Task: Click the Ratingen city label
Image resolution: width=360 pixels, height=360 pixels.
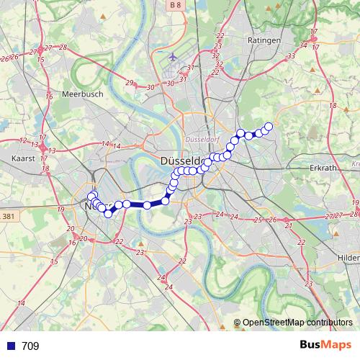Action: coord(264,40)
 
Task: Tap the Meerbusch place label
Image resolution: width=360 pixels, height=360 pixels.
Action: coord(84,94)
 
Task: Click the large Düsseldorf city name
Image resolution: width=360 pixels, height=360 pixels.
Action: coord(186,161)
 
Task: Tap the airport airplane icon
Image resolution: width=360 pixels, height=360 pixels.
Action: coord(172,57)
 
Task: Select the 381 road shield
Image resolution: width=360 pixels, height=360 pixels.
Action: coord(8,216)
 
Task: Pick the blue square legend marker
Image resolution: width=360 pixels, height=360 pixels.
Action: coord(9,346)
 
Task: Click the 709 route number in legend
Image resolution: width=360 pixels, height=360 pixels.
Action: coord(30,346)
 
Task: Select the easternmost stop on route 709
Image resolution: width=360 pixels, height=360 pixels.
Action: coord(269,127)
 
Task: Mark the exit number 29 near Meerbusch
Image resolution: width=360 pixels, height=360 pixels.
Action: coord(130,83)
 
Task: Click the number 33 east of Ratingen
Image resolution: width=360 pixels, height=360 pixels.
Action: coord(291,56)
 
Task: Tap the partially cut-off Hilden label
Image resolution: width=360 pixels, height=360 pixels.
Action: coord(348,257)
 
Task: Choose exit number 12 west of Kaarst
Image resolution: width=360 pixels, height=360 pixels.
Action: coord(23,140)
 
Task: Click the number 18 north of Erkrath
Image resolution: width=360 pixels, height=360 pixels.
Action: coord(333,107)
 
